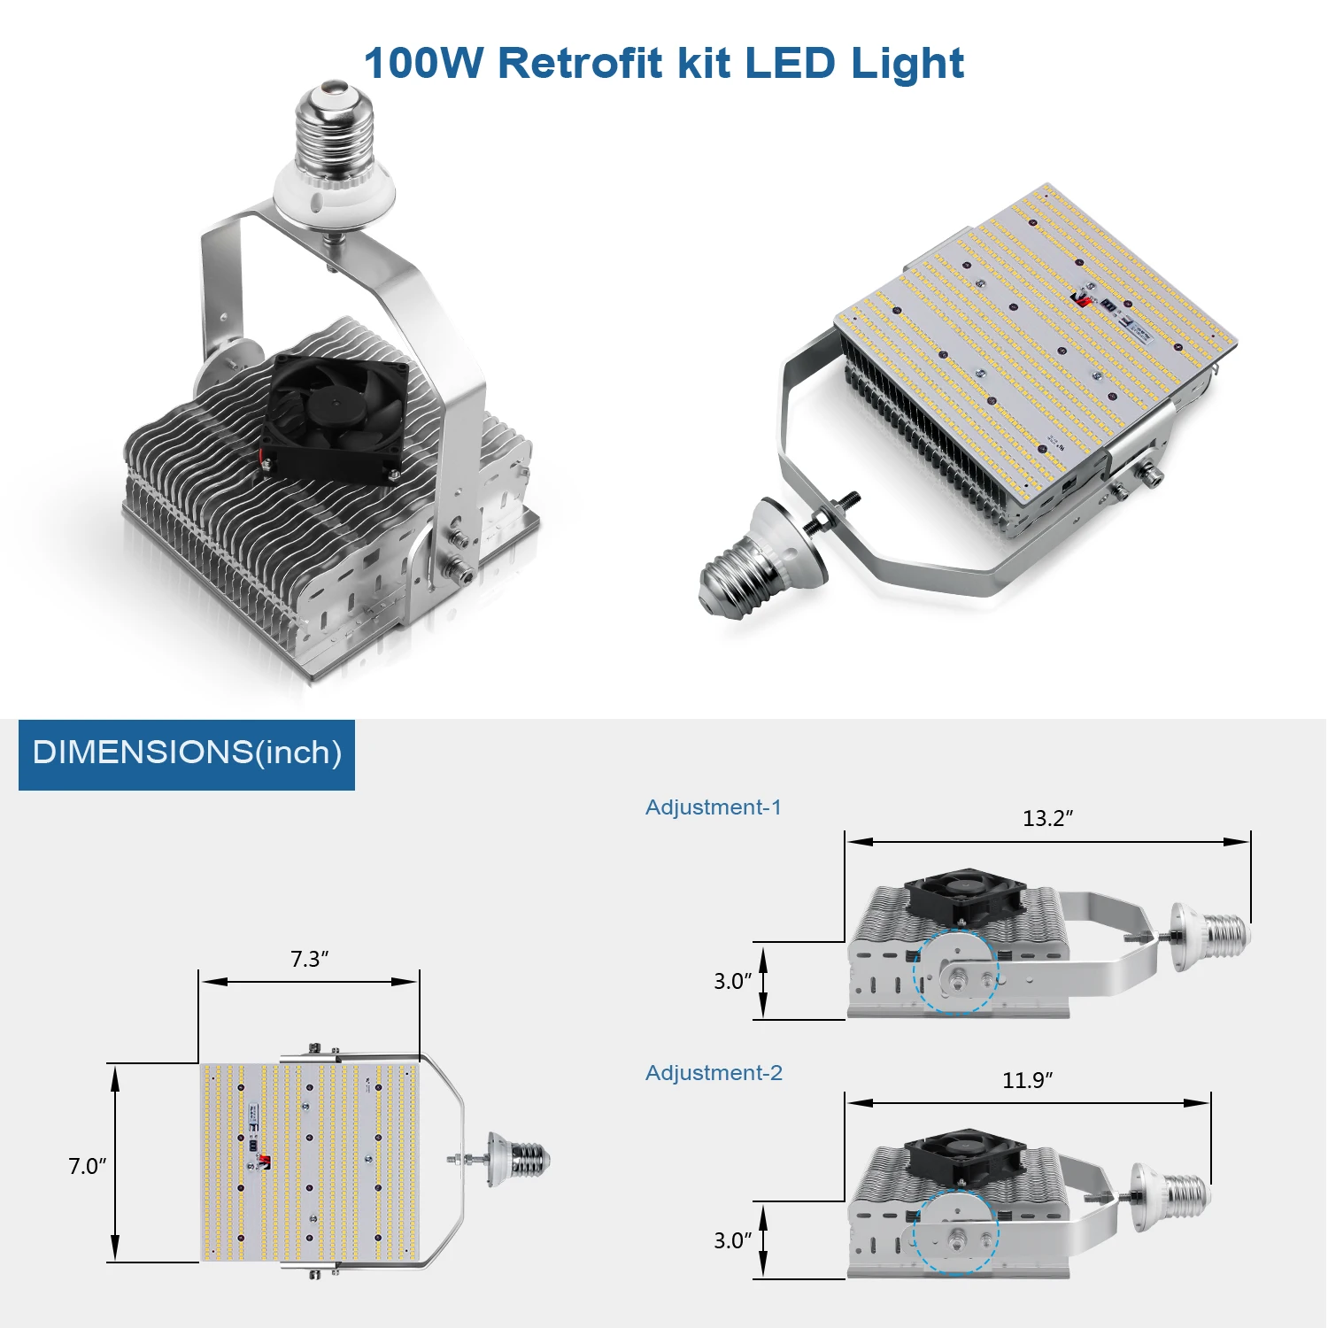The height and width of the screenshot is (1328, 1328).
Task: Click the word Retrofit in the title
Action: coord(580,64)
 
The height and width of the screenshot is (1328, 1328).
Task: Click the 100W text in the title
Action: coord(423,64)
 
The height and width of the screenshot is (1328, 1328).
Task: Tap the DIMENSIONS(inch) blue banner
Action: coord(187,754)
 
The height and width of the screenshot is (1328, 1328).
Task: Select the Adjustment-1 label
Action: coord(714,807)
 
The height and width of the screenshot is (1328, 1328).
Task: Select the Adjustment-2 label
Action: coord(714,1073)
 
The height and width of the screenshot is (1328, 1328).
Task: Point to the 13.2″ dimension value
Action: coord(1047,818)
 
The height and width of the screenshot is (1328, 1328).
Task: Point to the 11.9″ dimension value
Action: coord(1027,1080)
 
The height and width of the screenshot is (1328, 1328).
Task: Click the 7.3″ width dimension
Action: coord(309,960)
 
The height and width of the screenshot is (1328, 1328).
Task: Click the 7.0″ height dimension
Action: coord(87,1166)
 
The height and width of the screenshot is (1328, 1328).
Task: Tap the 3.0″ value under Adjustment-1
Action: coord(732,981)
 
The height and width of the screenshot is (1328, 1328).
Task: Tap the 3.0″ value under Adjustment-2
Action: coord(732,1240)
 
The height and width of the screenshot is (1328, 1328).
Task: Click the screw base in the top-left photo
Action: coord(335,133)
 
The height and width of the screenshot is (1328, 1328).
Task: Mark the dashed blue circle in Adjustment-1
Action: coord(956,971)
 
